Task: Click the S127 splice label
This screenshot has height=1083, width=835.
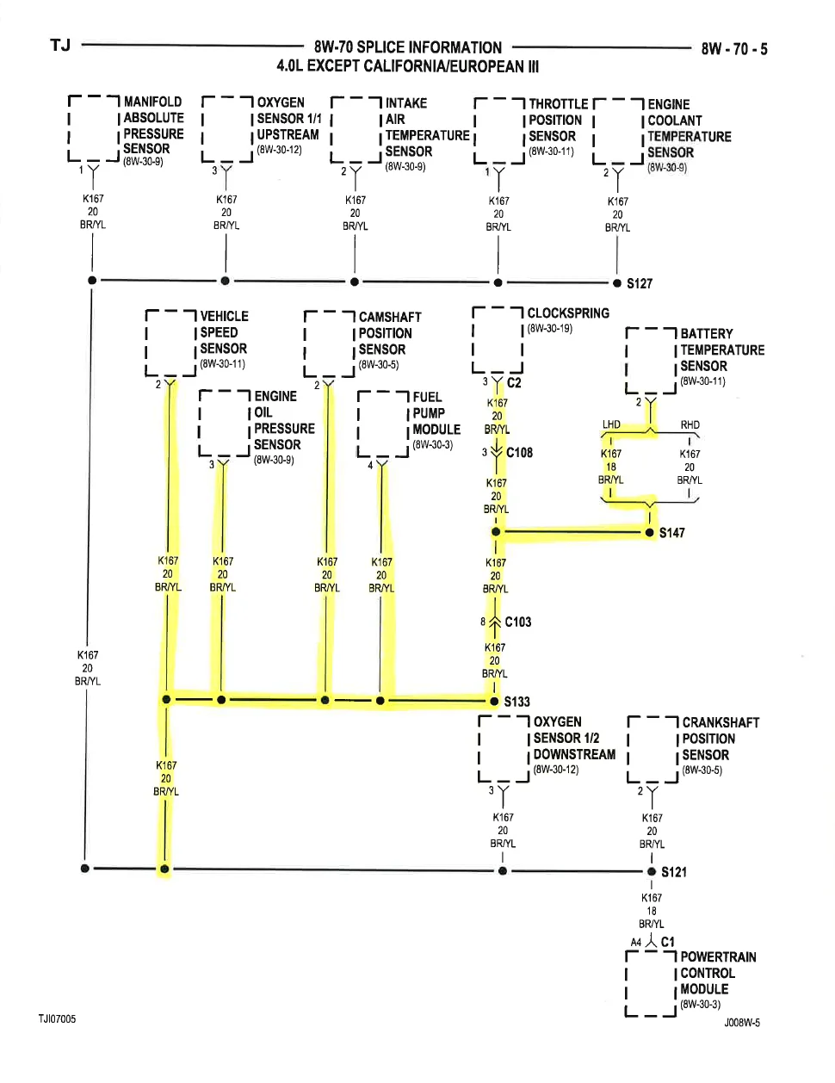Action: coord(640,283)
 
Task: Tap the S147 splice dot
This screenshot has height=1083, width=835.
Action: coord(650,533)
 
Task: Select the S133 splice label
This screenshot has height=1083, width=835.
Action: coord(516,702)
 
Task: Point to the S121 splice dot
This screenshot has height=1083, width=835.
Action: coord(652,872)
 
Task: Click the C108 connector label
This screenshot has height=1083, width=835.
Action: coord(519,453)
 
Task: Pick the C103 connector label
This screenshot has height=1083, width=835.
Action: coord(517,622)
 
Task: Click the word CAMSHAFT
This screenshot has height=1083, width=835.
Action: coord(390,318)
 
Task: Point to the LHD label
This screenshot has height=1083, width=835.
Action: coord(611,424)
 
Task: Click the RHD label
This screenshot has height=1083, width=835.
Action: coord(690,425)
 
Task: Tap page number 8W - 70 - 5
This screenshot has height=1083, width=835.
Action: coord(734,49)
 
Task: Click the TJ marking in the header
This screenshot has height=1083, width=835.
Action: coord(60,46)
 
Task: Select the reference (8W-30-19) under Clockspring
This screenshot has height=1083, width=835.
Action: coord(550,329)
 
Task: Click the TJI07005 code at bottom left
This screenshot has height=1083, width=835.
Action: coord(58,1019)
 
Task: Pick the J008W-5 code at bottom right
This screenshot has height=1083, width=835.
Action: coord(742,1024)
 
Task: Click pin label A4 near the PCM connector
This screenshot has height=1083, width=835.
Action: coord(635,943)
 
